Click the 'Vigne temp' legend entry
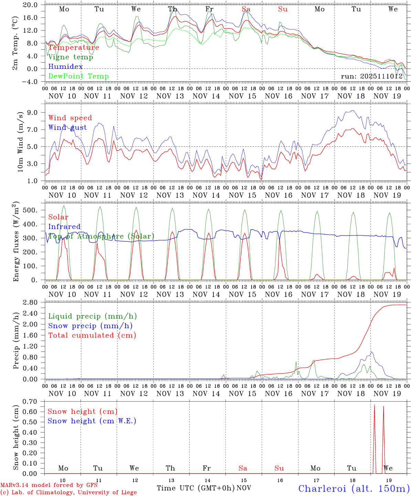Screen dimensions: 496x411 71,57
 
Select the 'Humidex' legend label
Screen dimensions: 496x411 65,67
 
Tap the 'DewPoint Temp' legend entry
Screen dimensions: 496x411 78,76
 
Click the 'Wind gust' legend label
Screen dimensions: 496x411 67,127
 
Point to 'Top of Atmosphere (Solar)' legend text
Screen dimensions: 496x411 101,236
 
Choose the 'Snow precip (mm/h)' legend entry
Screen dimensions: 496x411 90,326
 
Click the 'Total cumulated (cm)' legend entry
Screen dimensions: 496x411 92,335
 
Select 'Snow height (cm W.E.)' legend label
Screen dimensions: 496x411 92,421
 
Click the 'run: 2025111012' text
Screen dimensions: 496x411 372,76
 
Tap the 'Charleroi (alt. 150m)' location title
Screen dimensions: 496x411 354,488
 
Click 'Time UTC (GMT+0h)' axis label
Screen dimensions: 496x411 196,488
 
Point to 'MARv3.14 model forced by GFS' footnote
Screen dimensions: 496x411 49,485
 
